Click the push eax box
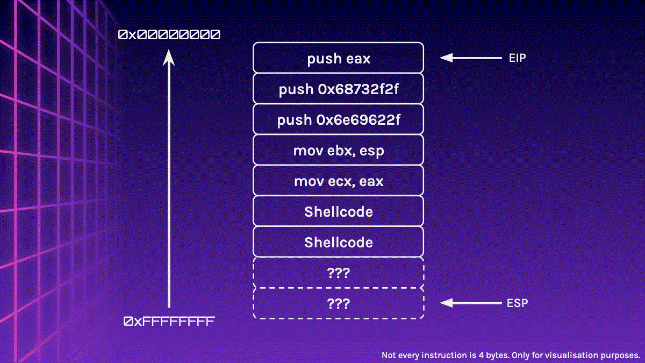tap(339, 58)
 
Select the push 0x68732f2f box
tap(339, 89)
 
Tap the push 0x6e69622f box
tap(339, 119)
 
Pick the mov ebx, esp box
tap(339, 150)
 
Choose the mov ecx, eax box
tap(339, 181)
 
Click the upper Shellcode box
tap(339, 211)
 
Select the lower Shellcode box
tap(339, 242)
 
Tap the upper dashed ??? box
tap(339, 273)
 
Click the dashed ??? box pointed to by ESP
tap(339, 303)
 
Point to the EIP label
tap(517, 58)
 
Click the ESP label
tap(517, 303)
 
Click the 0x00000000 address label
tap(169, 35)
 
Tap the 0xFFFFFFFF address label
tap(169, 322)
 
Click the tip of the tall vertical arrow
tap(169, 52)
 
